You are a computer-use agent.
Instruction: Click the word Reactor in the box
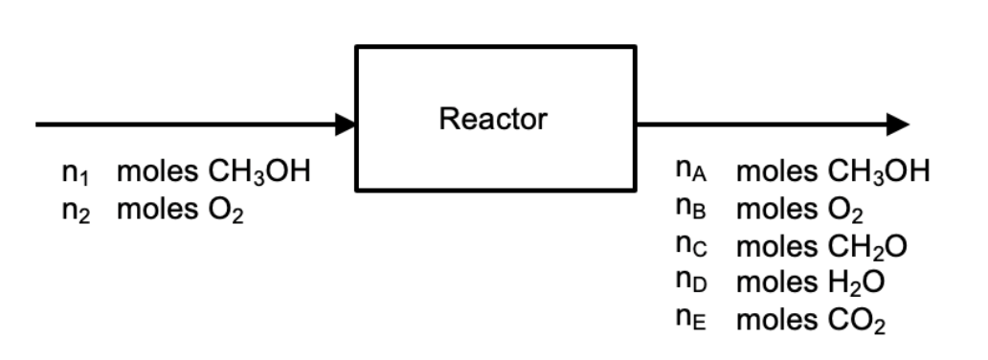493,120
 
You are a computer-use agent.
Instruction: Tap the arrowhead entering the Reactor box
346,124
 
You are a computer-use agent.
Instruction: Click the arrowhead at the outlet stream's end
897,124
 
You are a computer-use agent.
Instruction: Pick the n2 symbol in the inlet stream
73,212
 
